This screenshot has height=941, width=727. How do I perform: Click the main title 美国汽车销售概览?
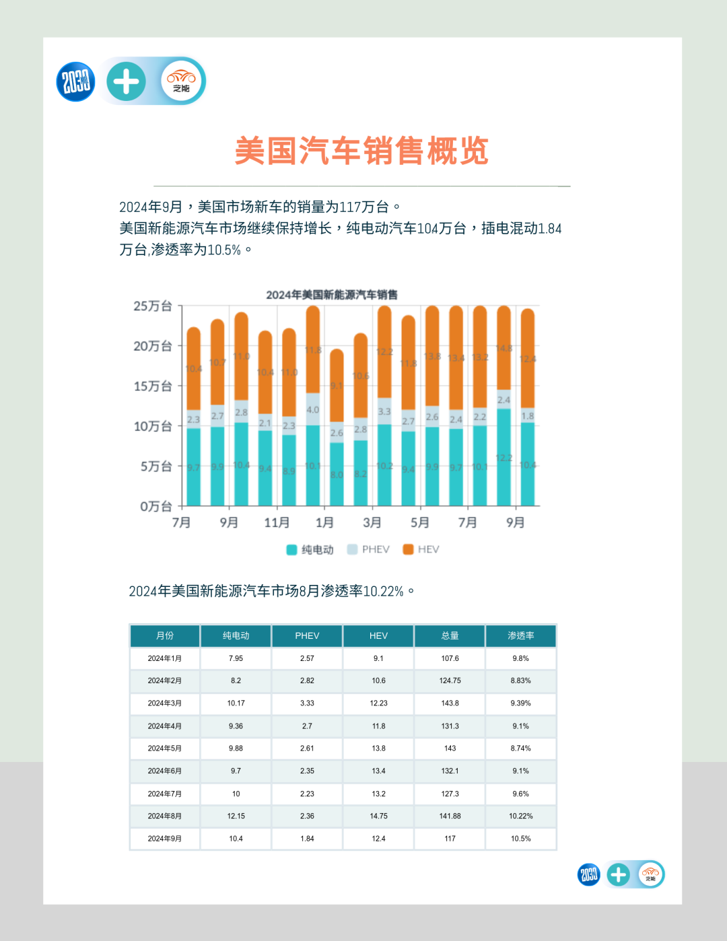click(x=361, y=151)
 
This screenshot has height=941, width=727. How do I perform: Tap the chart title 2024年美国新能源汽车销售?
click(x=331, y=295)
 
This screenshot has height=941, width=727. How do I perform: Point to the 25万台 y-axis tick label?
click(x=153, y=306)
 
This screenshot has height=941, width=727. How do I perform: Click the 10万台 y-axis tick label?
click(x=153, y=426)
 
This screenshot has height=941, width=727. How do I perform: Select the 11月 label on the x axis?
click(x=277, y=522)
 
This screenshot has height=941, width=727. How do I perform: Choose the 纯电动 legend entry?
click(x=310, y=549)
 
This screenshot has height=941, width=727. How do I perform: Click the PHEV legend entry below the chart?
click(x=368, y=549)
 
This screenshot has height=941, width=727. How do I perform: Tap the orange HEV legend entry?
click(x=421, y=549)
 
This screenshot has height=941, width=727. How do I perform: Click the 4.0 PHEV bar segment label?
click(x=313, y=409)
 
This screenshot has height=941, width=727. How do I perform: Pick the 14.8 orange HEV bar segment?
click(x=504, y=349)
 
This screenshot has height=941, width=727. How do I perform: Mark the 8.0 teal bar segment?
click(x=337, y=474)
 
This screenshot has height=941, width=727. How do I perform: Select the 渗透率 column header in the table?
click(x=520, y=635)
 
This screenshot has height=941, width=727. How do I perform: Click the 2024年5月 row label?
click(x=164, y=748)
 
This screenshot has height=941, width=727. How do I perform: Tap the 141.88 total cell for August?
click(x=450, y=816)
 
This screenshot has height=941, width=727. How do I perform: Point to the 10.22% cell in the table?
click(x=520, y=816)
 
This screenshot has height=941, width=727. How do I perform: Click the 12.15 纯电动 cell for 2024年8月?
click(x=236, y=816)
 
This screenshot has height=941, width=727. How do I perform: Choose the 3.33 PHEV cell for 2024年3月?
click(x=307, y=703)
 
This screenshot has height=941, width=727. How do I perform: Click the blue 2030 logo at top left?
click(x=75, y=81)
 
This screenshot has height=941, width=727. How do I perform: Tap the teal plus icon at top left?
click(x=126, y=81)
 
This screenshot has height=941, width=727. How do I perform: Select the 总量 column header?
click(x=450, y=635)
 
